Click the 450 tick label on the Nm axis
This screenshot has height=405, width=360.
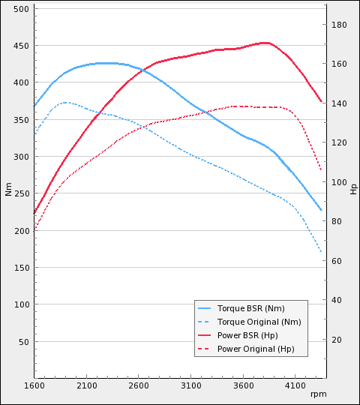(x=22, y=46)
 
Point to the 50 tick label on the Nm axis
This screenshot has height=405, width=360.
(x=24, y=342)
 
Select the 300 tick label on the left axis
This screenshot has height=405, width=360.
(x=22, y=157)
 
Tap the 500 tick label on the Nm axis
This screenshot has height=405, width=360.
(x=22, y=9)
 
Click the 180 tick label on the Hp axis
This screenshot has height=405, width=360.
(x=339, y=25)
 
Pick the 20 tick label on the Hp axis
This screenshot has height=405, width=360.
(x=337, y=340)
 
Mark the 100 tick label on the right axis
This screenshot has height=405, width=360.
(x=339, y=182)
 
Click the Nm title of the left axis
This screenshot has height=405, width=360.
(x=8, y=189)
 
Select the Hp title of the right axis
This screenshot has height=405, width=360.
(x=353, y=189)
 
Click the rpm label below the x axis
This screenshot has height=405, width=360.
(x=318, y=394)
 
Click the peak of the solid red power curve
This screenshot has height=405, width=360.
(x=265, y=43)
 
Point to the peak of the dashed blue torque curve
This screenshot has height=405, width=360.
(x=66, y=102)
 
